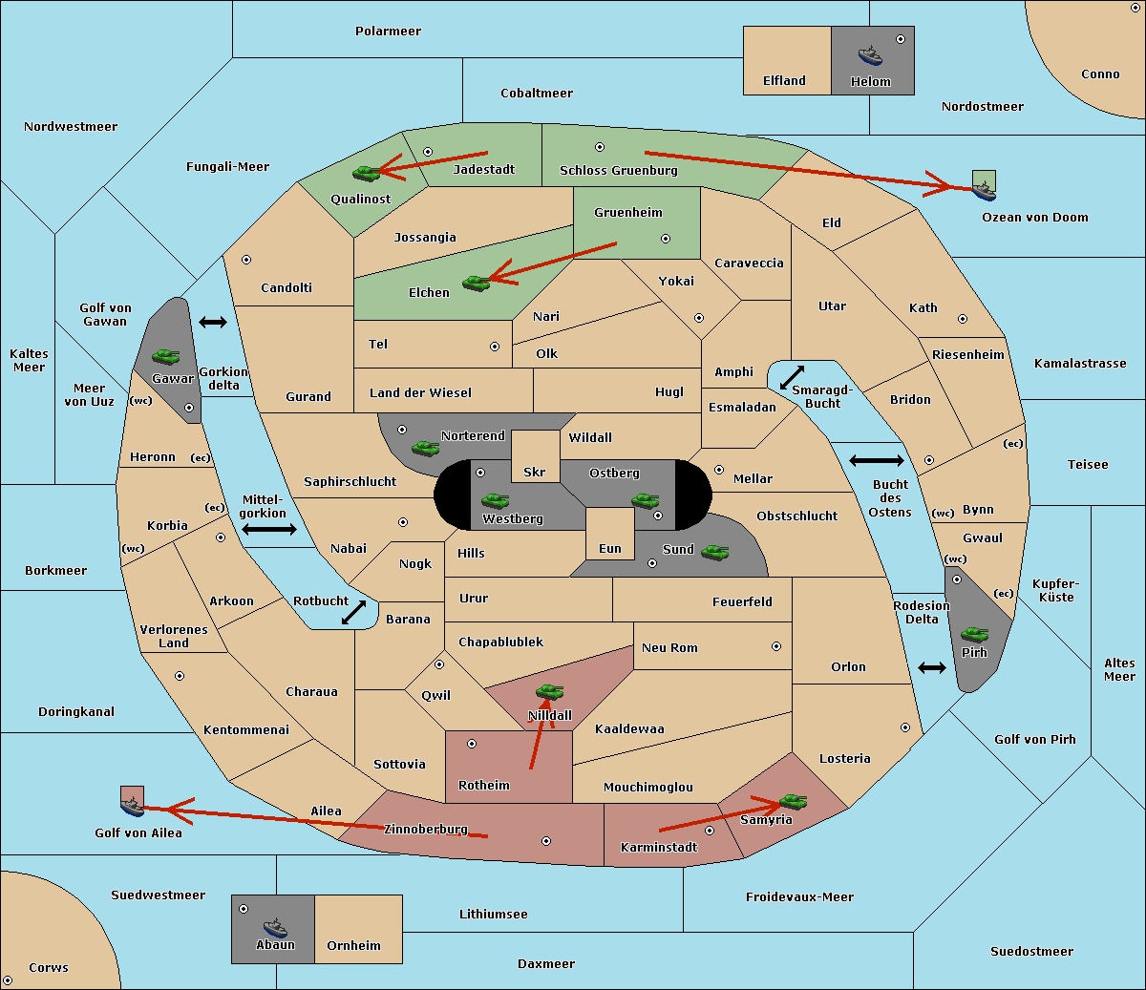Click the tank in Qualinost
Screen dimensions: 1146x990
(367, 174)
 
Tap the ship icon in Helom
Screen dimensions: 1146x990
(870, 55)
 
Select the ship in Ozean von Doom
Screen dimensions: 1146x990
(984, 191)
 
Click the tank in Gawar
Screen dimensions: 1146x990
(166, 356)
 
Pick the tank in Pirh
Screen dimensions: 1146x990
(975, 634)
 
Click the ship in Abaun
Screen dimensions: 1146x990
(276, 927)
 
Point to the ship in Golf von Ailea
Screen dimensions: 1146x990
(133, 806)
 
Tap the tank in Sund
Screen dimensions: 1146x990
(714, 552)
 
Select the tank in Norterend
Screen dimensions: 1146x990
(426, 448)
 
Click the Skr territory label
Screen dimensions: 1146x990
(535, 472)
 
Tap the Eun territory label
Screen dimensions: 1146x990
(610, 548)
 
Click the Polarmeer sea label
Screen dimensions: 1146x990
(388, 32)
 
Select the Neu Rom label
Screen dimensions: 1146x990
(669, 647)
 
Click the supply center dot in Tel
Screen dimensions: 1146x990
(495, 347)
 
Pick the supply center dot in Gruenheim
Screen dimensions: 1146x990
(666, 239)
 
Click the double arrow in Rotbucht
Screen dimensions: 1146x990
(353, 612)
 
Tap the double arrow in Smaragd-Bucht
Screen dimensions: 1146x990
(792, 377)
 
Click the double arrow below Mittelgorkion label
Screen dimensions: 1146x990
(269, 529)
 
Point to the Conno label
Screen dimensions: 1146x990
(1100, 74)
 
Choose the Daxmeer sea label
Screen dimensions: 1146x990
(546, 963)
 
